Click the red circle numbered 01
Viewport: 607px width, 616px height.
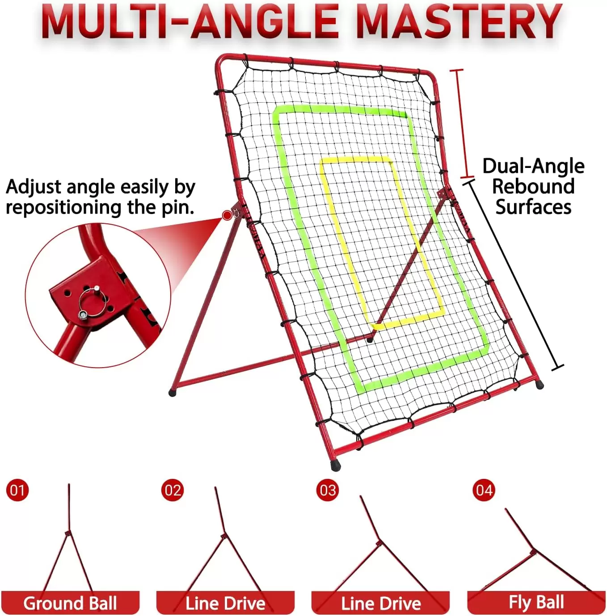point(17,490)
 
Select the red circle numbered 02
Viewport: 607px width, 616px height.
point(173,490)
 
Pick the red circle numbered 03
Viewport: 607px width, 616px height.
point(328,490)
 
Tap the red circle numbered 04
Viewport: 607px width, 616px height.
point(484,490)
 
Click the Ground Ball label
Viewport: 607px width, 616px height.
point(70,603)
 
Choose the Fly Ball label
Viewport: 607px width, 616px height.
point(536,602)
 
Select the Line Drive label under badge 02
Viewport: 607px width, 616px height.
point(225,603)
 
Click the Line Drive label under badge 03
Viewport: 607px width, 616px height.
point(381,603)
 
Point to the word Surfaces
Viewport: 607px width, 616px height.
point(533,207)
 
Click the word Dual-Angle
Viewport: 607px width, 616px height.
point(533,166)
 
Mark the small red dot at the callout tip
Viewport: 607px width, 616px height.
point(227,216)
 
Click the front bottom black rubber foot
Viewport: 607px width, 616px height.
point(335,466)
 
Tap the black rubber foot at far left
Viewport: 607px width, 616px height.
point(173,393)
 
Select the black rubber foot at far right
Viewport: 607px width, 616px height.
point(540,385)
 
